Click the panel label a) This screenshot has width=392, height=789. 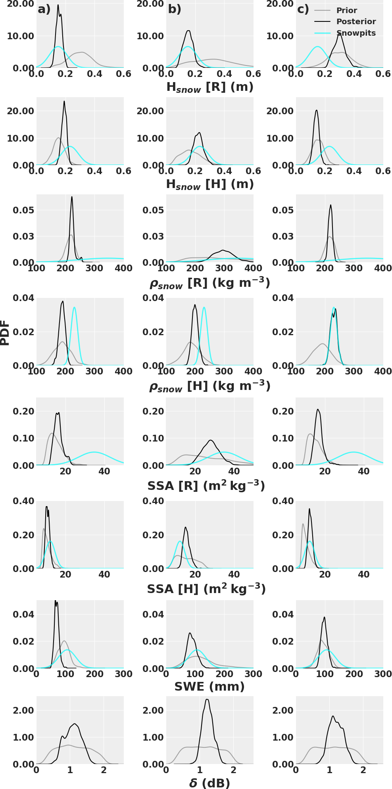pos(44,9)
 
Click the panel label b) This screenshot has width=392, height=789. pos(175,9)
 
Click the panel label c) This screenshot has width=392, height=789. pos(303,9)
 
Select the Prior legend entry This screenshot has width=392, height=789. pos(346,11)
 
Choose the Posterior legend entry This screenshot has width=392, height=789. pos(355,22)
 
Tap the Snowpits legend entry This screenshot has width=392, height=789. pos(355,33)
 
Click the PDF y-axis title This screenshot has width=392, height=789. pos(5,332)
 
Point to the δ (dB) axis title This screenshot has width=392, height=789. pos(209,783)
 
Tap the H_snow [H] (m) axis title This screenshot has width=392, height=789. pos(209,184)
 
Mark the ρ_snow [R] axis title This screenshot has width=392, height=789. pos(209,283)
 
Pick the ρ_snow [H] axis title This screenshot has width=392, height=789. pos(209,386)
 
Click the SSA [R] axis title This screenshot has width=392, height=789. pos(206,486)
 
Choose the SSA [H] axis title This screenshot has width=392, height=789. pos(206,589)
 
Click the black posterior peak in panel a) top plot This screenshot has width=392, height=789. pos(58,5)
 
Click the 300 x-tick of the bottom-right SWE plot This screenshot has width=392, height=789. pos(383,674)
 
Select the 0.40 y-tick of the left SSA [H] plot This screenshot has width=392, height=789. pos(23,501)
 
